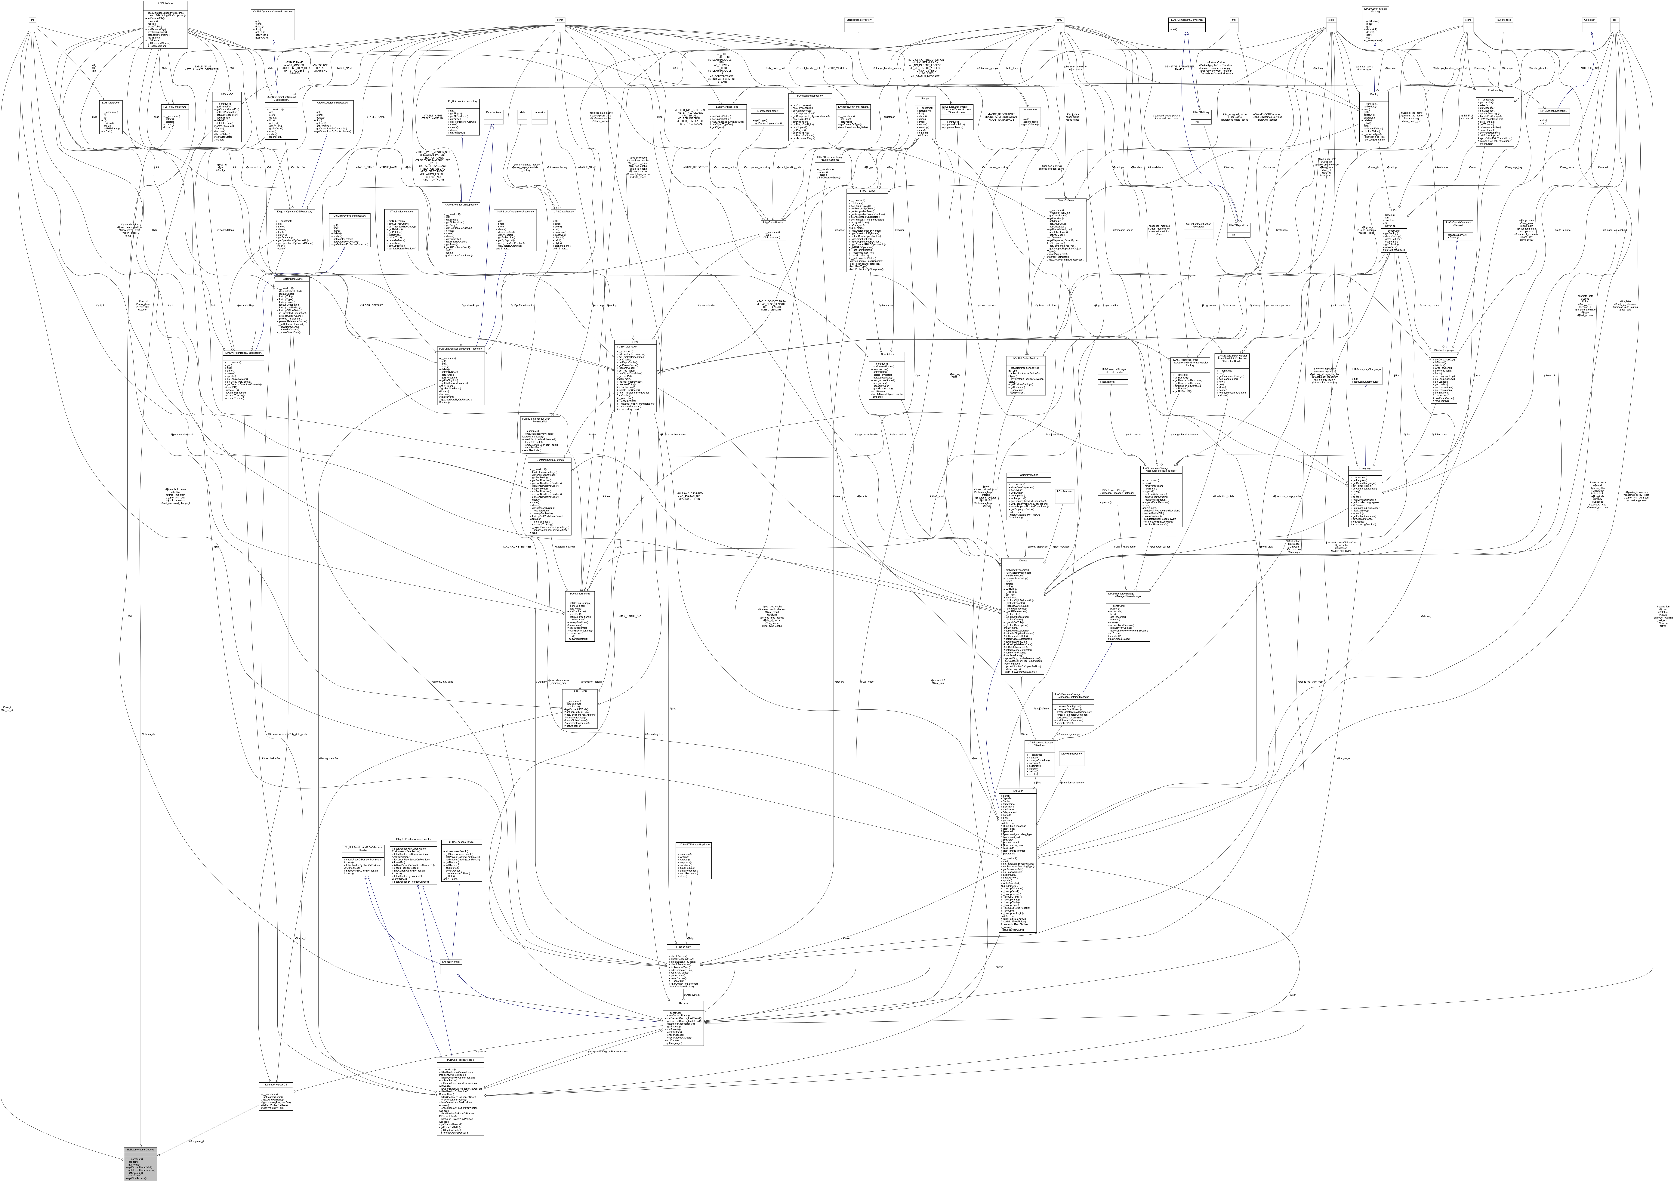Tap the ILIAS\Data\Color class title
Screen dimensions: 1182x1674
[x=110, y=102]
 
